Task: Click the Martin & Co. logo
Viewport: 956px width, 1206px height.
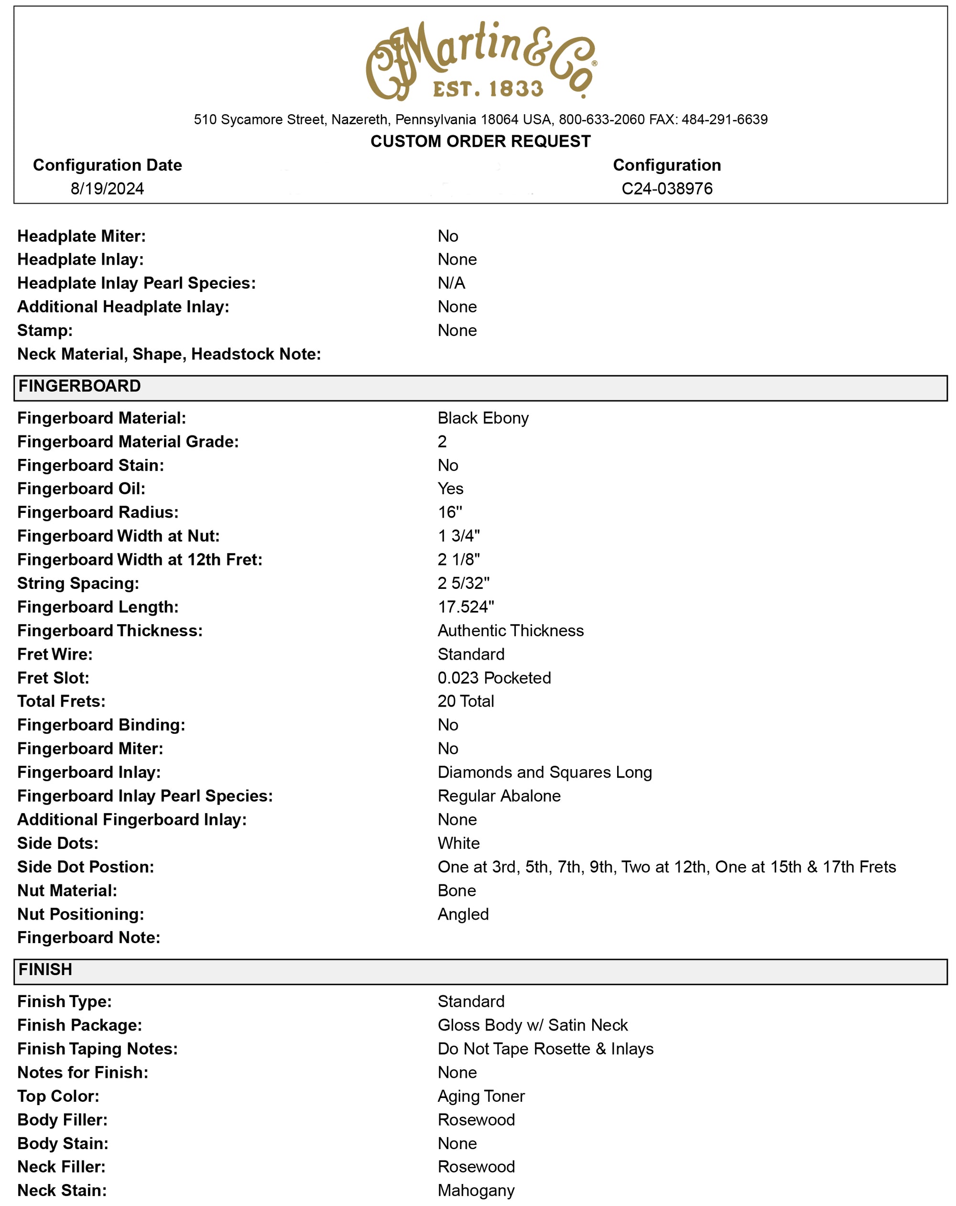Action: [x=480, y=60]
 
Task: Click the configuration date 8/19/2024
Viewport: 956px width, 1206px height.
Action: [x=107, y=188]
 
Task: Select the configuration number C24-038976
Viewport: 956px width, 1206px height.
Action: [x=666, y=188]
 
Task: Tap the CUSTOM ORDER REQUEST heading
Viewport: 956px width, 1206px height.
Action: [x=480, y=141]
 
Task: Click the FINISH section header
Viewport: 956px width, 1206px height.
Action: [x=45, y=969]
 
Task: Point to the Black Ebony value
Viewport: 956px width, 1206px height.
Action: [x=483, y=418]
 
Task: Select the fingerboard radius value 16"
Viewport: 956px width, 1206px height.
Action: [x=449, y=512]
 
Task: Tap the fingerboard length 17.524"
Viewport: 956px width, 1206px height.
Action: [x=466, y=607]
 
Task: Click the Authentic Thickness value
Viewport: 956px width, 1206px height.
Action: [x=510, y=630]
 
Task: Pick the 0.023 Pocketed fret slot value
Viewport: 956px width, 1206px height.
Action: [x=494, y=677]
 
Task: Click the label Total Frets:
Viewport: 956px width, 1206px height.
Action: [x=61, y=701]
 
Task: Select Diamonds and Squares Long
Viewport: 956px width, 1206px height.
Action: [x=544, y=772]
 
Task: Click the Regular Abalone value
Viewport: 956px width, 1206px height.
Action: [x=499, y=795]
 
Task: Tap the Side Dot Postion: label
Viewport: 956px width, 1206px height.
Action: [x=86, y=867]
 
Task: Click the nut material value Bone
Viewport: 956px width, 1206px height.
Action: [x=456, y=890]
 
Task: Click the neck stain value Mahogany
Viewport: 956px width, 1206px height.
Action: [x=476, y=1190]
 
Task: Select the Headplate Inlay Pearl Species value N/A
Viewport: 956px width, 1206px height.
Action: [x=451, y=283]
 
